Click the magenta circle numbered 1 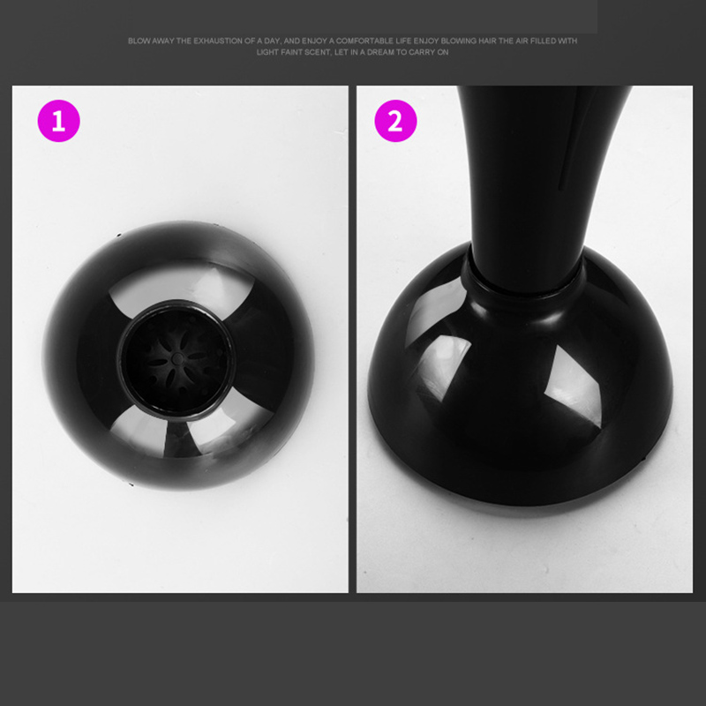click(58, 121)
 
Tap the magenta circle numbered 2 click(395, 121)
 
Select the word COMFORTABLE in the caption click(364, 41)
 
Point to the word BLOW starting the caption click(139, 41)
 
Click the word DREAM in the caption click(380, 52)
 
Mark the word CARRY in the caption click(421, 52)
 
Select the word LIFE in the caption click(403, 41)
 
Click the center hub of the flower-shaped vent click(178, 358)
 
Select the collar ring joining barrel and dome click(522, 280)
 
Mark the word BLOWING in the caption click(459, 41)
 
